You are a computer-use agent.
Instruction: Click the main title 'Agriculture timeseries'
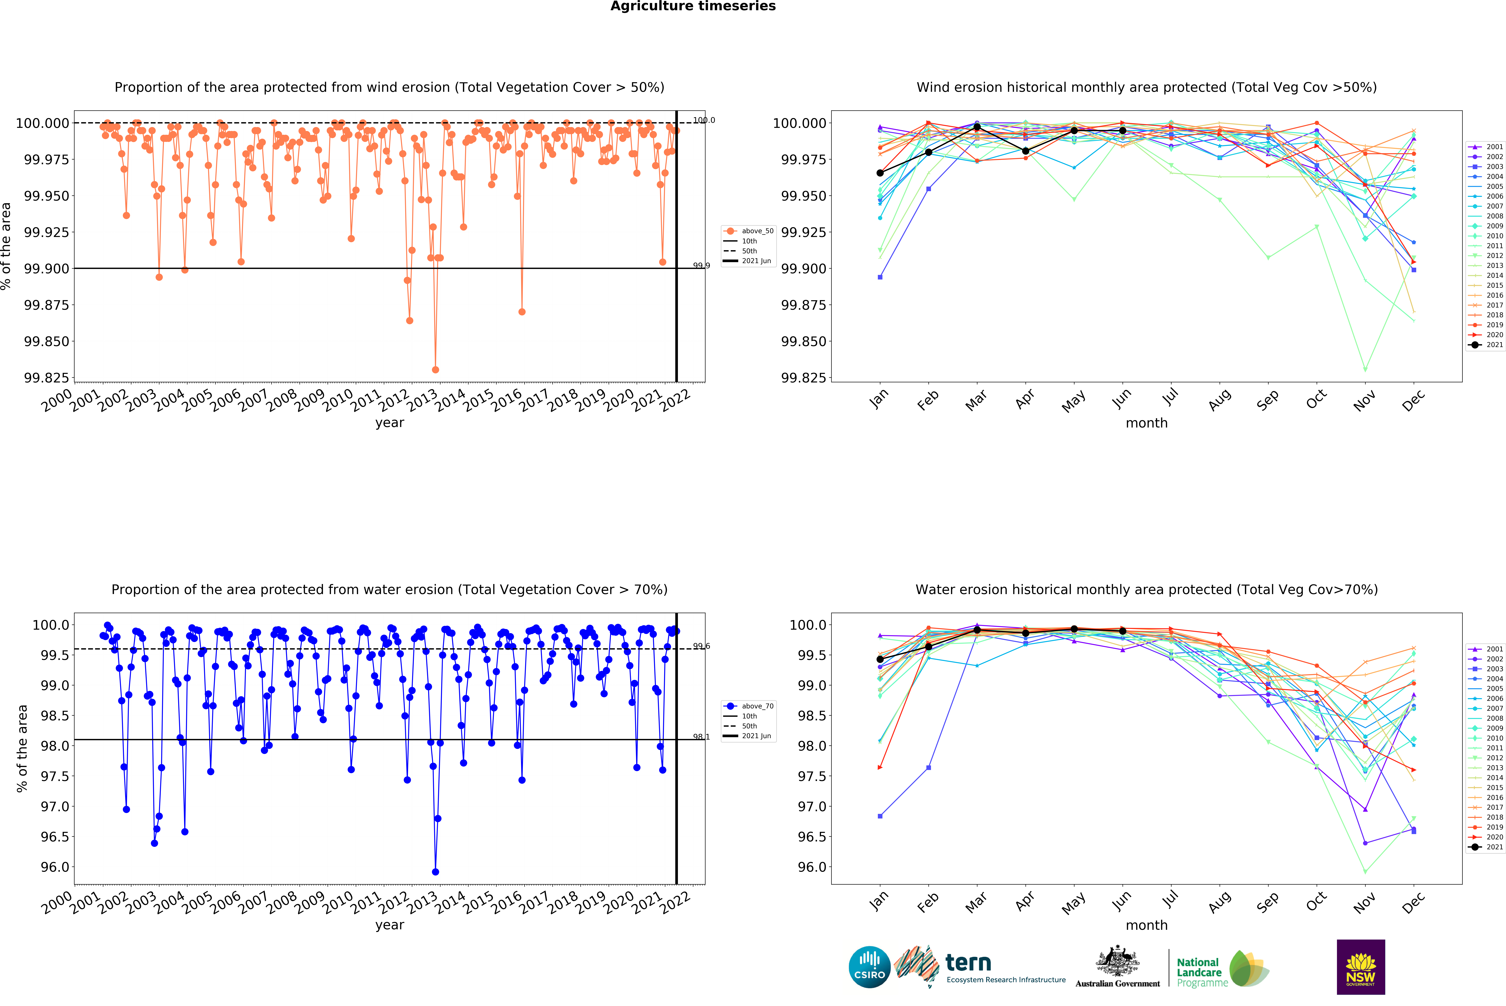pyautogui.click(x=693, y=6)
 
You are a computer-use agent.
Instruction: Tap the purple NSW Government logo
pyautogui.click(x=1360, y=967)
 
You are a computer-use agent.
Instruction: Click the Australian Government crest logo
pyautogui.click(x=1118, y=966)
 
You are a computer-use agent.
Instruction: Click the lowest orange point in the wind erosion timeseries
pyautogui.click(x=435, y=370)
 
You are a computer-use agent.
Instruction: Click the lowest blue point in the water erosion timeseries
pyautogui.click(x=435, y=872)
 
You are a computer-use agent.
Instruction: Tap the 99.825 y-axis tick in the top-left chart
pyautogui.click(x=46, y=378)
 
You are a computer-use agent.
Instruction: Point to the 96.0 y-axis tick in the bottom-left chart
pyautogui.click(x=55, y=867)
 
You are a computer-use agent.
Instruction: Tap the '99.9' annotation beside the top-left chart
pyautogui.click(x=701, y=266)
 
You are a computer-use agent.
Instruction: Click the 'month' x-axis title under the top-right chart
pyautogui.click(x=1146, y=423)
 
